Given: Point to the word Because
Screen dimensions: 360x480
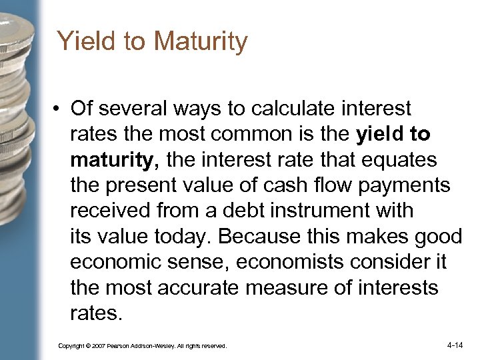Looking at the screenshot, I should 256,236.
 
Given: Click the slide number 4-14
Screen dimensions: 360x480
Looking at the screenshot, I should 455,345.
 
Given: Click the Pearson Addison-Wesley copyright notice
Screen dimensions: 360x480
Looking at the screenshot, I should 142,346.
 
